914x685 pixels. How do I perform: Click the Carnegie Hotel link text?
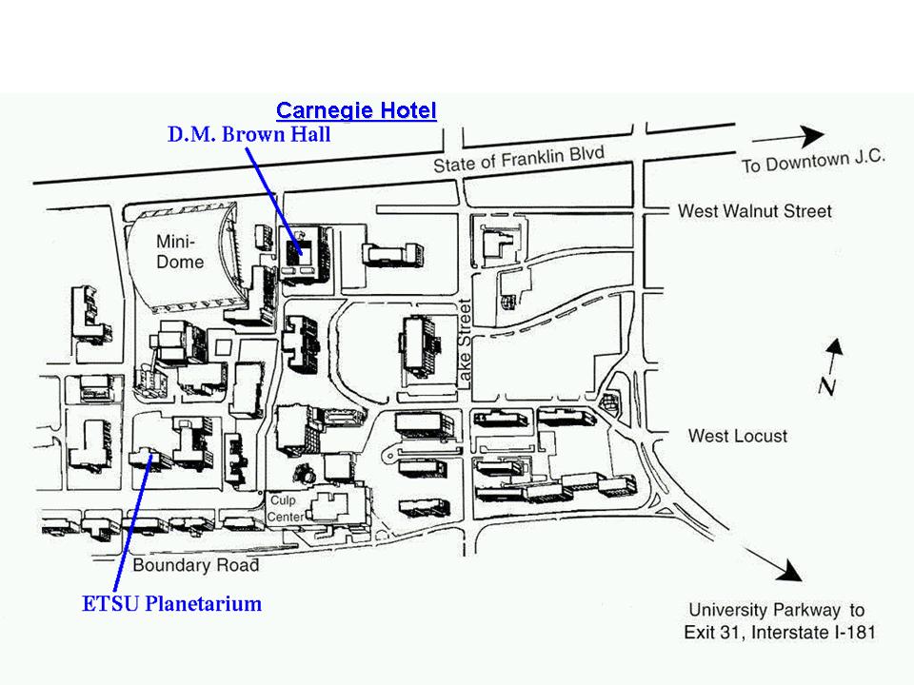tap(356, 110)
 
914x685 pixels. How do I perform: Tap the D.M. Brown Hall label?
tap(248, 135)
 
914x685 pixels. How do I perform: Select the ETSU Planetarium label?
tap(172, 603)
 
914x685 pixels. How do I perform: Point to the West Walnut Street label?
tap(754, 211)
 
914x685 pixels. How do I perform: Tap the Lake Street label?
tap(466, 342)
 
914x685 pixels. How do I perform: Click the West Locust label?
tap(738, 436)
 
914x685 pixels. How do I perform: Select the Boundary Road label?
tap(196, 565)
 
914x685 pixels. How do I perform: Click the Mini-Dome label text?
tap(180, 252)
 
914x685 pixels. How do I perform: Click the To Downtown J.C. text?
tap(813, 161)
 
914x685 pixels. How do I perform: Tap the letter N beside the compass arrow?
tap(826, 385)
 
